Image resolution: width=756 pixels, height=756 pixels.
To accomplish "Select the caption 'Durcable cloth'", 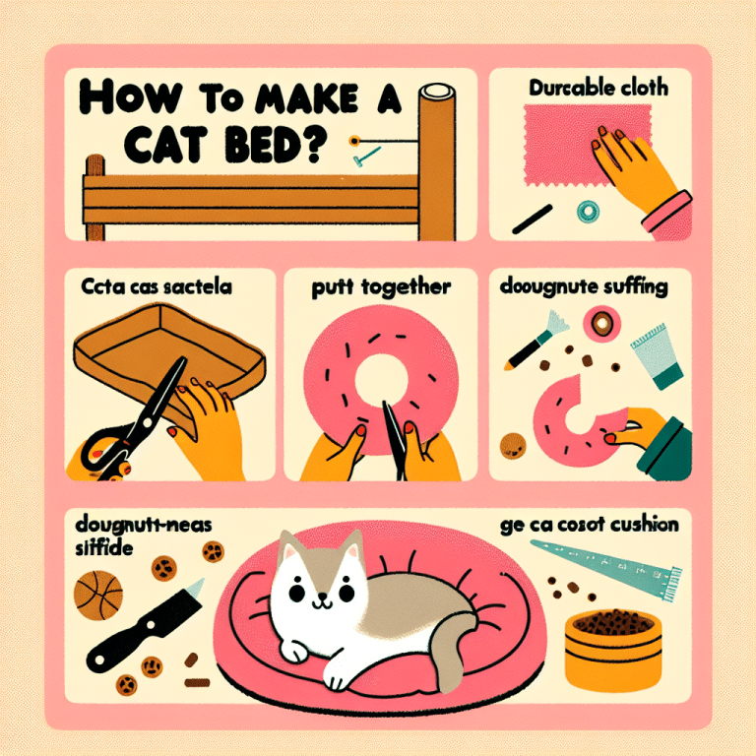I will (598, 89).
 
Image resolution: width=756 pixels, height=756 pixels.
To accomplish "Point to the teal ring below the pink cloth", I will (590, 209).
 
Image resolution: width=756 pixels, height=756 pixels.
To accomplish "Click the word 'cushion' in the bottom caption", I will (641, 525).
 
